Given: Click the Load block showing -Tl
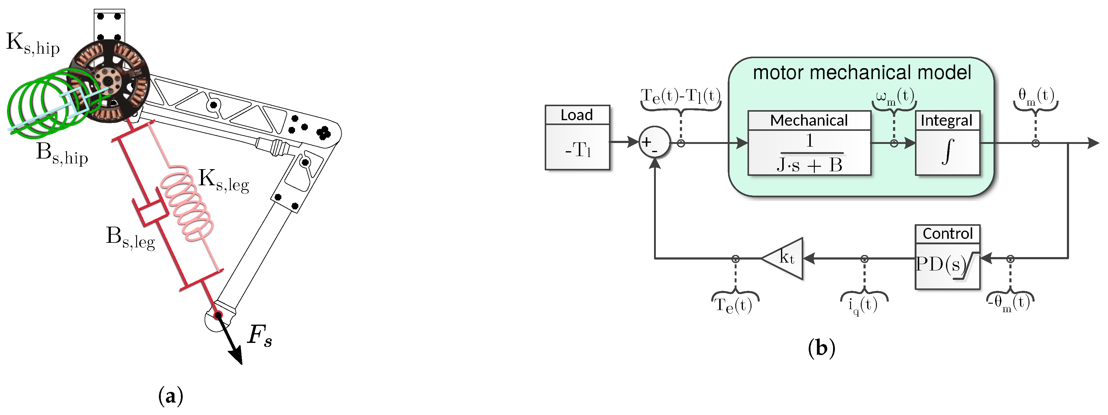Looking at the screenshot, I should (x=577, y=138).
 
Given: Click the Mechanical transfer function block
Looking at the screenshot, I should (x=809, y=143).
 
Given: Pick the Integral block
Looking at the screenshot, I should (x=947, y=143).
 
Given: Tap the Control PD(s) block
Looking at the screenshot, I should (x=947, y=257).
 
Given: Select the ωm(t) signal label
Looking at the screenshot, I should (x=895, y=96).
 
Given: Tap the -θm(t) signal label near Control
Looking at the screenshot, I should (x=1009, y=303).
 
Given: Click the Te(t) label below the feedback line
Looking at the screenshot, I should (x=733, y=305).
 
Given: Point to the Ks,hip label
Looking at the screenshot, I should (x=33, y=44).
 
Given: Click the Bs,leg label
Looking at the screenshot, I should (x=130, y=238).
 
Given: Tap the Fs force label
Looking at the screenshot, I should (x=260, y=336).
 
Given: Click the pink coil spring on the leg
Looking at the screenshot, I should (x=187, y=202).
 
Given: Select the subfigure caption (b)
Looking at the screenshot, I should (x=821, y=348).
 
